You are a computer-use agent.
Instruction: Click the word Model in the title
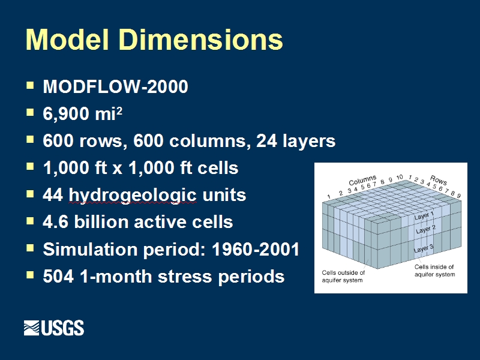(67, 39)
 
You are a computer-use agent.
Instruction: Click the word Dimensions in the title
(201, 39)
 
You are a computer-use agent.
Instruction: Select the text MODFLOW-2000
(115, 86)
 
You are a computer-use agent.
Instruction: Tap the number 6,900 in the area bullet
(66, 114)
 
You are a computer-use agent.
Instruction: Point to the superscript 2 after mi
(119, 110)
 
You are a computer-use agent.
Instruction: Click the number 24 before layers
(266, 141)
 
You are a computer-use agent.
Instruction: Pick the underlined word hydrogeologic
(132, 196)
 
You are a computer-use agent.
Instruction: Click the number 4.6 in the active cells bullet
(55, 222)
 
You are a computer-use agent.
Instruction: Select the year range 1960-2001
(256, 249)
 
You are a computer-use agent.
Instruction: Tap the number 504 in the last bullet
(58, 276)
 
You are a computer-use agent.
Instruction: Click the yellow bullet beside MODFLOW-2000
(30, 85)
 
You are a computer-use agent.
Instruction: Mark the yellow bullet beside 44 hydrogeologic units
(30, 194)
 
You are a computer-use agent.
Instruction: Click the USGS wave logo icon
(32, 328)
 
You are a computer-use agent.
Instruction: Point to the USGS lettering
(62, 328)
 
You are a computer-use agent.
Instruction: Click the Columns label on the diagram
(362, 181)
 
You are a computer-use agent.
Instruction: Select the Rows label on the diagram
(439, 180)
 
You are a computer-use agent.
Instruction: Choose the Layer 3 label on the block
(424, 248)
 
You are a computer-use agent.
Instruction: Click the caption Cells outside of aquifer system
(343, 277)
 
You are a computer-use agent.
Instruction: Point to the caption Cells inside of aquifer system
(434, 271)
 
